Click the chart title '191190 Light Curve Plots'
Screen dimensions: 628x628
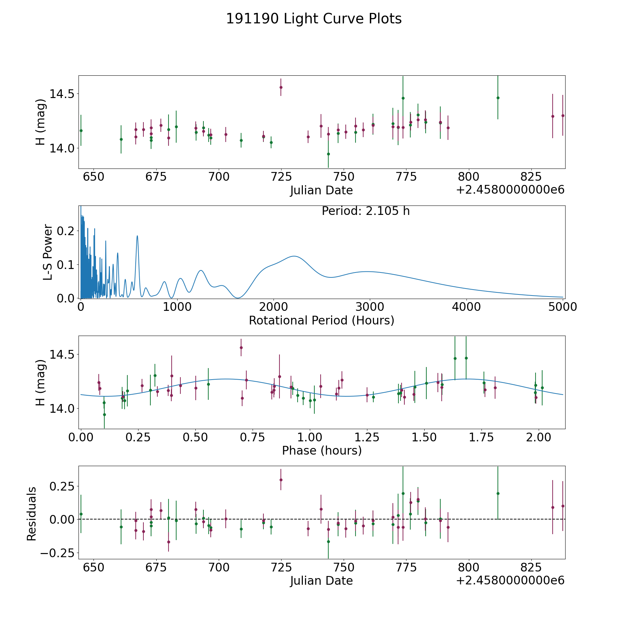pyautogui.click(x=314, y=19)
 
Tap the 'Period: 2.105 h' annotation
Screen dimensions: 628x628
pyautogui.click(x=366, y=211)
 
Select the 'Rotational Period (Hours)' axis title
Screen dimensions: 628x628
pyautogui.click(x=321, y=320)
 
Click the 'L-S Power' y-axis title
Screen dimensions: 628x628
pyautogui.click(x=48, y=252)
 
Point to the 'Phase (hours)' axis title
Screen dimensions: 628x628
pyautogui.click(x=322, y=450)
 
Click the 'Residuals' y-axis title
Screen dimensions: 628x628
pyautogui.click(x=32, y=514)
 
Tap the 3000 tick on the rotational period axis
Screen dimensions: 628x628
pyautogui.click(x=370, y=307)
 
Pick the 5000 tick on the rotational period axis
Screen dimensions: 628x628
pyautogui.click(x=562, y=307)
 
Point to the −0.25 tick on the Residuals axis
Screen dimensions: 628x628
pyautogui.click(x=59, y=553)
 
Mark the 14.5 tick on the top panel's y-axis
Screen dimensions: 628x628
pyautogui.click(x=62, y=94)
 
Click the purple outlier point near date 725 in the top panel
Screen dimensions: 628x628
pyautogui.click(x=281, y=87)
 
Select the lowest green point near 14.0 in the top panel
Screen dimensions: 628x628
pyautogui.click(x=328, y=154)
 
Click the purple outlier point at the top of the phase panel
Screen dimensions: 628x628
pyautogui.click(x=241, y=347)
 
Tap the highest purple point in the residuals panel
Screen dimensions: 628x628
pyautogui.click(x=281, y=480)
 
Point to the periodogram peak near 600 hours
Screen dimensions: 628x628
pyautogui.click(x=137, y=236)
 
